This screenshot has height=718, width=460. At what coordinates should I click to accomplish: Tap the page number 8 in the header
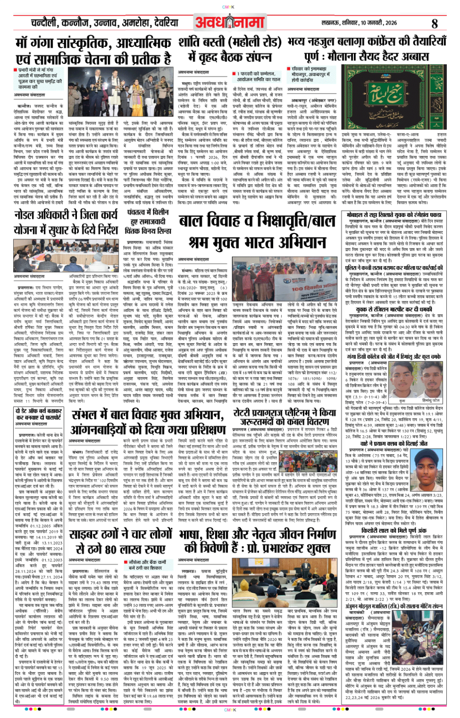pos(434,23)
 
